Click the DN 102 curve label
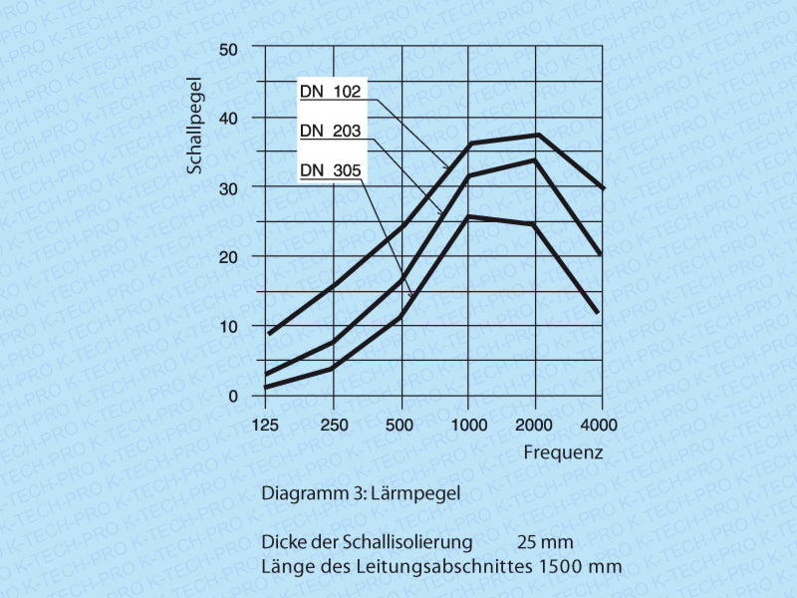coord(331,90)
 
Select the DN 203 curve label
coord(331,130)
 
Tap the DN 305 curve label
coord(331,170)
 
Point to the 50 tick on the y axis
coord(229,49)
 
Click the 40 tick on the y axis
coord(229,118)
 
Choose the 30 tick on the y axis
coord(229,187)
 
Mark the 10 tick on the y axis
coord(229,326)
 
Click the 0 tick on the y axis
coord(233,396)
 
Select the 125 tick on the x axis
coord(266,426)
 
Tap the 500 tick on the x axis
coord(400,426)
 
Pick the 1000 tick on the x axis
coord(467,426)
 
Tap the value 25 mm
coord(545,542)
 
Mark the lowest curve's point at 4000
coord(597,312)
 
